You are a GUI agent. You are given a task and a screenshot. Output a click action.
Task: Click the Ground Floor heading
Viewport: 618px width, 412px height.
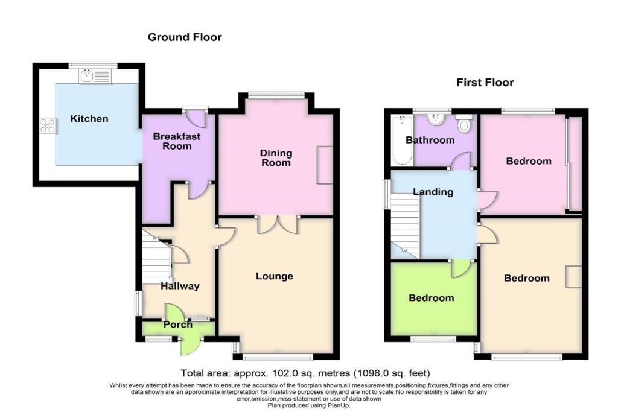pos(185,37)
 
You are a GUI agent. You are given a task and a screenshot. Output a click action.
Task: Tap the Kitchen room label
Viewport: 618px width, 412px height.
pos(89,119)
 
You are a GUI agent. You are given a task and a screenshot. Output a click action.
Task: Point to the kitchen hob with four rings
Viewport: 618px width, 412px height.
pos(48,125)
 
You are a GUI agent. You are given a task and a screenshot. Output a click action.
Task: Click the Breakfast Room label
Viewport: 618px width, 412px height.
pos(176,141)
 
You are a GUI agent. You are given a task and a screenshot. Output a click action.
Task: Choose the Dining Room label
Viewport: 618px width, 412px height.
pos(276,158)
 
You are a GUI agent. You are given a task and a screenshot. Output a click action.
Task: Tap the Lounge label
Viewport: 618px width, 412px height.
pos(274,276)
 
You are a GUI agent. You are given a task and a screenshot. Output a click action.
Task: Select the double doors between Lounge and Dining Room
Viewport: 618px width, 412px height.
pos(277,224)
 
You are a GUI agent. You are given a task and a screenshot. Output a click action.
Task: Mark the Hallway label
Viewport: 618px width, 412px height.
pos(179,286)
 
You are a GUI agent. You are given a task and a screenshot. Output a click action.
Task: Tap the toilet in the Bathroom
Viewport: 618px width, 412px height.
pos(464,124)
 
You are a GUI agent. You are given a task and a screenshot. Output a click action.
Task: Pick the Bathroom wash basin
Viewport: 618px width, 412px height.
pos(436,118)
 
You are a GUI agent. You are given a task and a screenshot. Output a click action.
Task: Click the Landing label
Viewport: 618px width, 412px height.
pos(433,192)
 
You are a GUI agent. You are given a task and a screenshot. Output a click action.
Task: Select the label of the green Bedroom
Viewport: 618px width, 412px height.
pos(431,298)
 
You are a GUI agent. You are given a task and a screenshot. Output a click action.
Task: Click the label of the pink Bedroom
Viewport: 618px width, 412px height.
pos(528,161)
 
